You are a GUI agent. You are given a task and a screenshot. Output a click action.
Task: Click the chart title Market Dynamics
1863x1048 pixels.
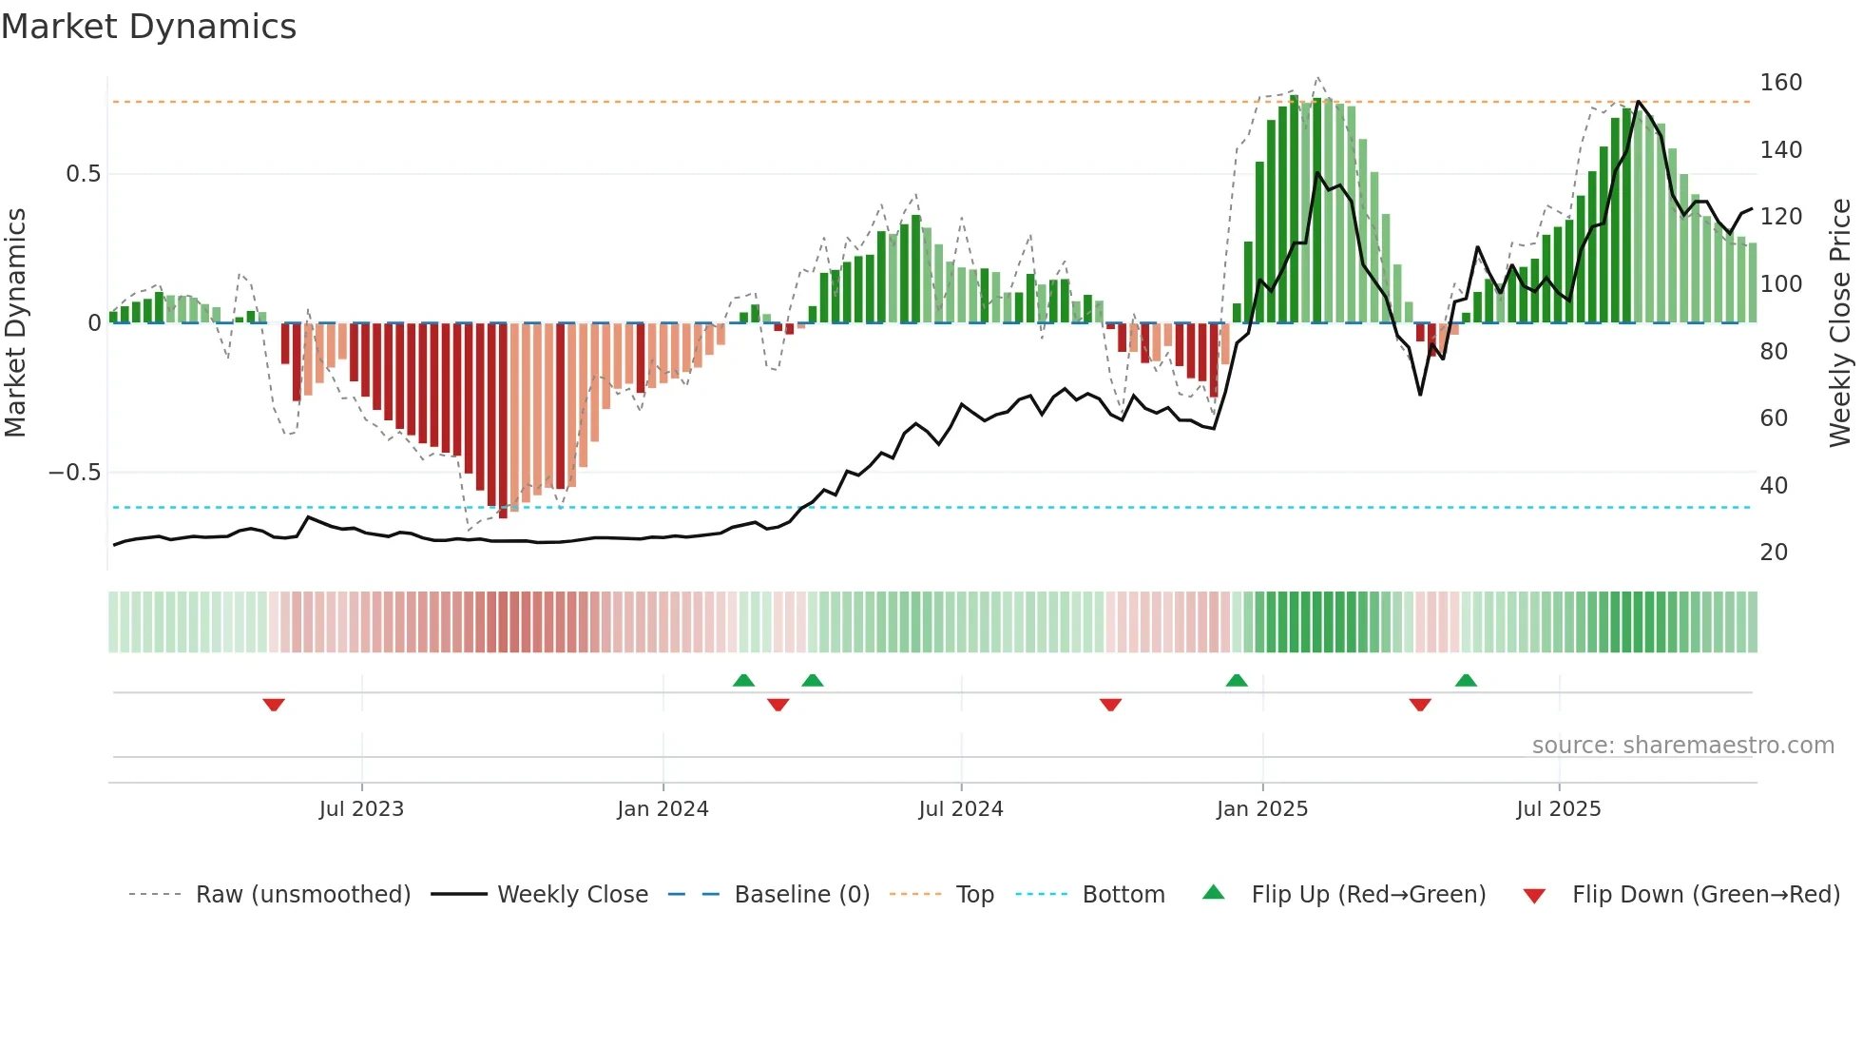point(149,27)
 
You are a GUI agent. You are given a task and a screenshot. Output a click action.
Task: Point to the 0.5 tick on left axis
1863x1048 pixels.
point(83,174)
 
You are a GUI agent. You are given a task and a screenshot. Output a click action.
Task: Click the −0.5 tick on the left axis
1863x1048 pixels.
point(75,473)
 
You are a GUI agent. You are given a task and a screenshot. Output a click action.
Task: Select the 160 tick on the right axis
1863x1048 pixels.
point(1780,83)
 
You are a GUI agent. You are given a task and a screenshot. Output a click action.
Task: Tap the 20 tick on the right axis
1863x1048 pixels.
point(1774,553)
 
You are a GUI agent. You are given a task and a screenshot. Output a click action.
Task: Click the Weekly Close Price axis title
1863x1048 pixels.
point(1840,323)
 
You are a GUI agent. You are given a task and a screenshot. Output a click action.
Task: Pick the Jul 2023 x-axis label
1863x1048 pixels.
point(361,809)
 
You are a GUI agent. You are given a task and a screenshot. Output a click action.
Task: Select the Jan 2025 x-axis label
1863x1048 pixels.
point(1262,809)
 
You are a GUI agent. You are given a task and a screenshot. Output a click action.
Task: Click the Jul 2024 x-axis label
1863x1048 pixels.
point(961,809)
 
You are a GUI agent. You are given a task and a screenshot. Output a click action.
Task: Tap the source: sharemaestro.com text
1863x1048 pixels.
point(1682,746)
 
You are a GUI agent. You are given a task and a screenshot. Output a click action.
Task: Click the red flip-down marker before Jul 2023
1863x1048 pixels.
point(274,705)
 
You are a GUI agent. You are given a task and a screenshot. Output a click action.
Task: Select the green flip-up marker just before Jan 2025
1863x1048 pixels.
point(1237,680)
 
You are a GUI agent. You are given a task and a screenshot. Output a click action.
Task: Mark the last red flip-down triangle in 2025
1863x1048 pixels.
point(1420,705)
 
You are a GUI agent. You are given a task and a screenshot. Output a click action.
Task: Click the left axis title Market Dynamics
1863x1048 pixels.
point(16,323)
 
